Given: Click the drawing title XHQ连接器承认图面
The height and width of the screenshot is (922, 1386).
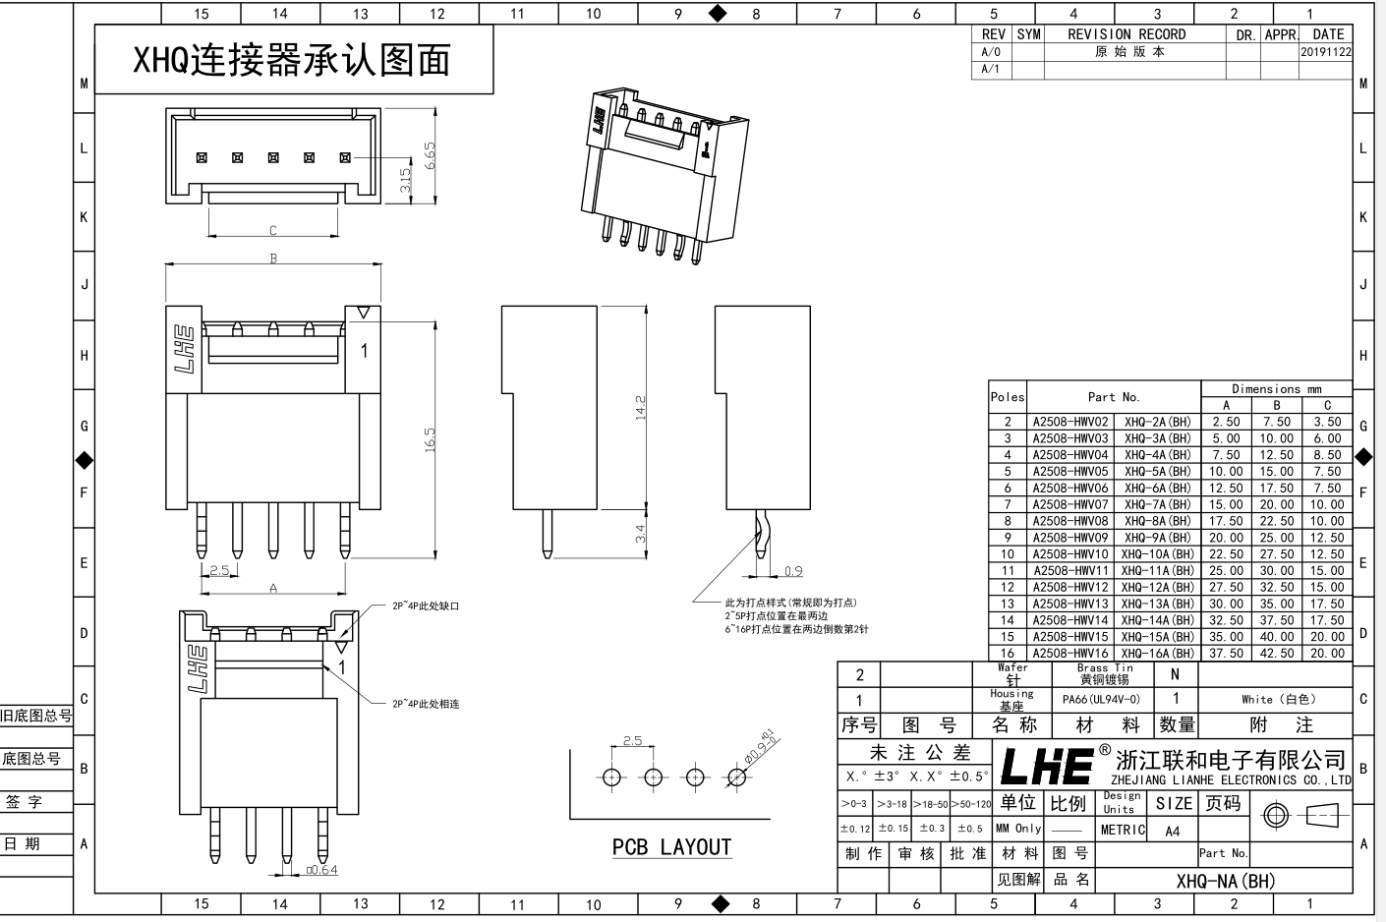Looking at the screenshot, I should pyautogui.click(x=292, y=61).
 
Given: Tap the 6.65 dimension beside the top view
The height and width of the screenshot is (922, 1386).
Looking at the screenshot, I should pyautogui.click(x=429, y=155).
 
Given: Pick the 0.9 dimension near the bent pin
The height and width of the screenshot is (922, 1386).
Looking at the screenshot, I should pyautogui.click(x=793, y=571).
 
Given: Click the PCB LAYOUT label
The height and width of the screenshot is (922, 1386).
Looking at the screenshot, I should pyautogui.click(x=671, y=847).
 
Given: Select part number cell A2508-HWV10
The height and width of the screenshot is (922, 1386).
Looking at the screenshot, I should pyautogui.click(x=1069, y=554).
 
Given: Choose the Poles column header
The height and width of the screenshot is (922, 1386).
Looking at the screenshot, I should pyautogui.click(x=1007, y=397).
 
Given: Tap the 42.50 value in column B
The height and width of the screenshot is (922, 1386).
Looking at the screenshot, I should pyautogui.click(x=1276, y=654).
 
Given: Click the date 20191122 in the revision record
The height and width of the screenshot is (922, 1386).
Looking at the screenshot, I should pyautogui.click(x=1325, y=52).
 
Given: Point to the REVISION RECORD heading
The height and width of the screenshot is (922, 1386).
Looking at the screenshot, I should pyautogui.click(x=1126, y=34).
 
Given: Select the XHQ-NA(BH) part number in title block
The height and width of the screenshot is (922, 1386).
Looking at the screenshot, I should pyautogui.click(x=1225, y=881).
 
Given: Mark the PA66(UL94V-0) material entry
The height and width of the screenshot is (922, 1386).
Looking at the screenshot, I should pyautogui.click(x=1101, y=700).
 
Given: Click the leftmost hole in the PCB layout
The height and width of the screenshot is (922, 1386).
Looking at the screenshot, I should pyautogui.click(x=612, y=778).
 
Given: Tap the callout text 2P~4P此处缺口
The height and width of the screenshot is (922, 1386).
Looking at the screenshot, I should pyautogui.click(x=426, y=606).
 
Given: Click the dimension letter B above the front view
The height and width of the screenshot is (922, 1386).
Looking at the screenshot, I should pyautogui.click(x=273, y=259).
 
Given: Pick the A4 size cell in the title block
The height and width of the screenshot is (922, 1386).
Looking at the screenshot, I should pyautogui.click(x=1172, y=831).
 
